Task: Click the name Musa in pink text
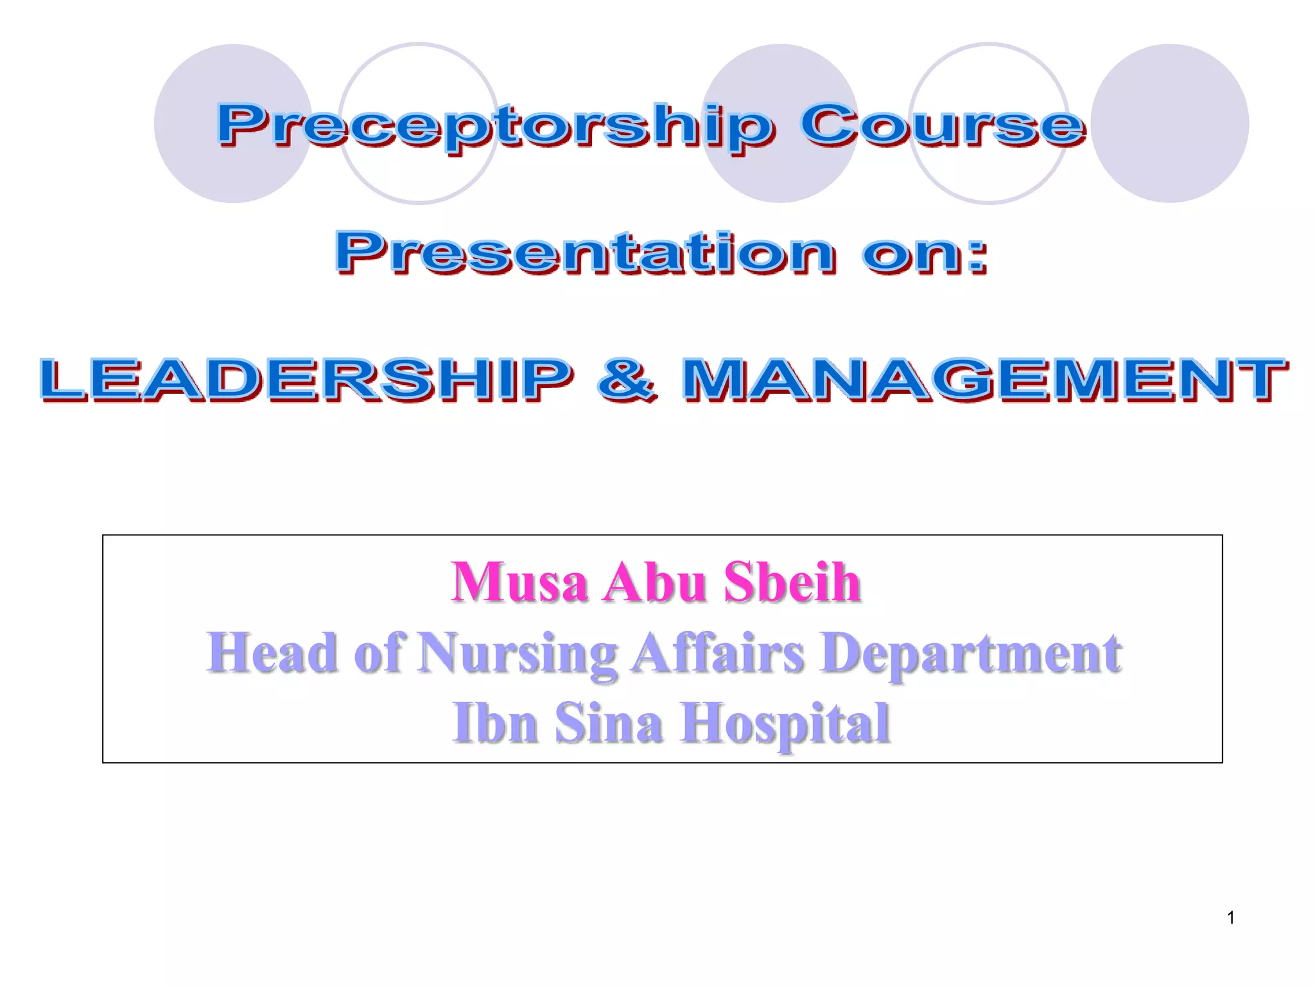click(519, 582)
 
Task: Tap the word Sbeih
click(792, 582)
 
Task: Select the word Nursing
click(517, 654)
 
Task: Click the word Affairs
click(717, 654)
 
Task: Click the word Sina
click(608, 723)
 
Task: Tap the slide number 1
click(1230, 918)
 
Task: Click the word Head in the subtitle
click(272, 652)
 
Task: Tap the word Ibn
click(495, 723)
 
